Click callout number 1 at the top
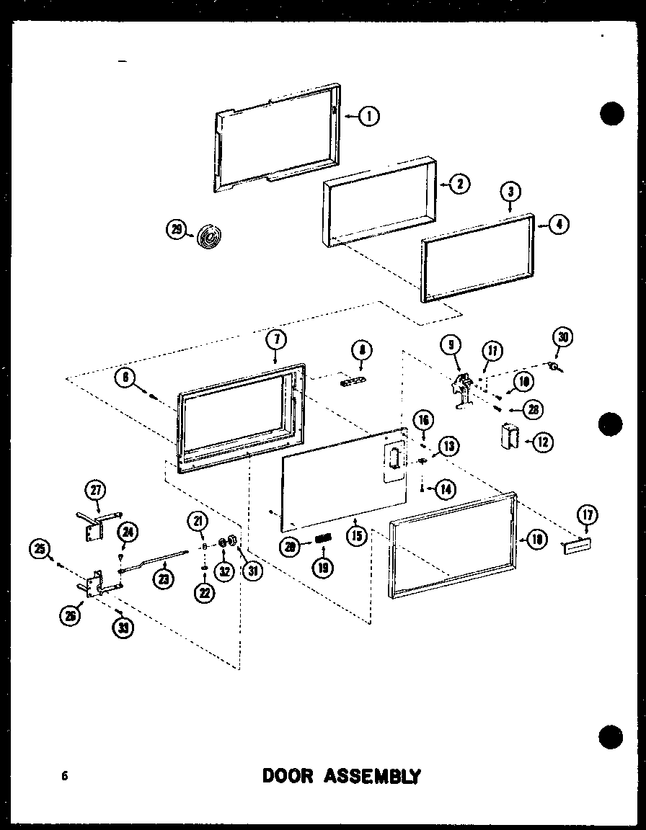coord(369,115)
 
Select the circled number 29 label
coord(175,230)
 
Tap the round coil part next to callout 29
coord(210,236)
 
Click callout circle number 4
coord(558,224)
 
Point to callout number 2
coord(459,183)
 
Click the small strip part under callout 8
coord(353,380)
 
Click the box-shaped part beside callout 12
coord(508,437)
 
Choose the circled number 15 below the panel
coord(357,537)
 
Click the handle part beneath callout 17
coord(578,548)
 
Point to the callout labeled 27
coord(95,491)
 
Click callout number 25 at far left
coord(39,550)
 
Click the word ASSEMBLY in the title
coord(371,776)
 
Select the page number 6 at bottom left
coord(65,776)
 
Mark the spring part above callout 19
coord(323,537)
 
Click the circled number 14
coord(446,489)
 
